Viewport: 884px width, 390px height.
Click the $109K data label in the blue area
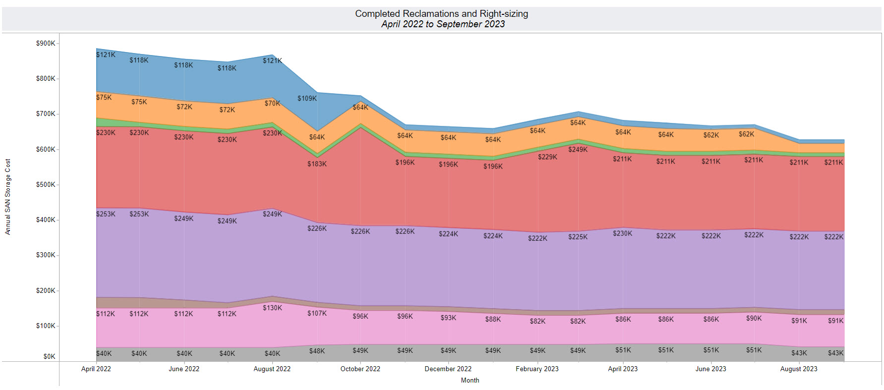click(307, 99)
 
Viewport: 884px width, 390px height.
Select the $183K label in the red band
click(317, 164)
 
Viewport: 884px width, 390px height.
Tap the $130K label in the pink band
click(272, 308)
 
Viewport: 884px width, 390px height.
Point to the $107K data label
click(317, 313)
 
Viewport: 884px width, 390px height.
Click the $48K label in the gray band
click(317, 351)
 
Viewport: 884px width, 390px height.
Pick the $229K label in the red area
click(547, 157)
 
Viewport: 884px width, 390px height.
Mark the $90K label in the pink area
click(754, 318)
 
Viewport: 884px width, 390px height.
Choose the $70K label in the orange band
click(272, 104)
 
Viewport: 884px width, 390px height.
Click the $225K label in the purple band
click(578, 237)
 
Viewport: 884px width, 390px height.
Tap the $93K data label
click(448, 318)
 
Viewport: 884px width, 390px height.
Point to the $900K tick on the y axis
click(46, 44)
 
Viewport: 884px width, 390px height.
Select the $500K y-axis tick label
click(46, 185)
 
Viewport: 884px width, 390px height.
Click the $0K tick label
click(49, 357)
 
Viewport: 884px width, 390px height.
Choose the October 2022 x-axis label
click(360, 369)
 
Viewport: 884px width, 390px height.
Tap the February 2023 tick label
click(537, 369)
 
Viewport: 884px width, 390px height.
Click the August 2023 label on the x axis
click(798, 369)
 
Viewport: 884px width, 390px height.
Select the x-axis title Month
click(470, 381)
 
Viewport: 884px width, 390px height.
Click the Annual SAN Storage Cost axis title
click(8, 197)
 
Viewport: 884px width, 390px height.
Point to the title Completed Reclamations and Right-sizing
click(441, 14)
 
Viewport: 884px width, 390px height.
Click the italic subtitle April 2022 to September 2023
click(443, 24)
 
